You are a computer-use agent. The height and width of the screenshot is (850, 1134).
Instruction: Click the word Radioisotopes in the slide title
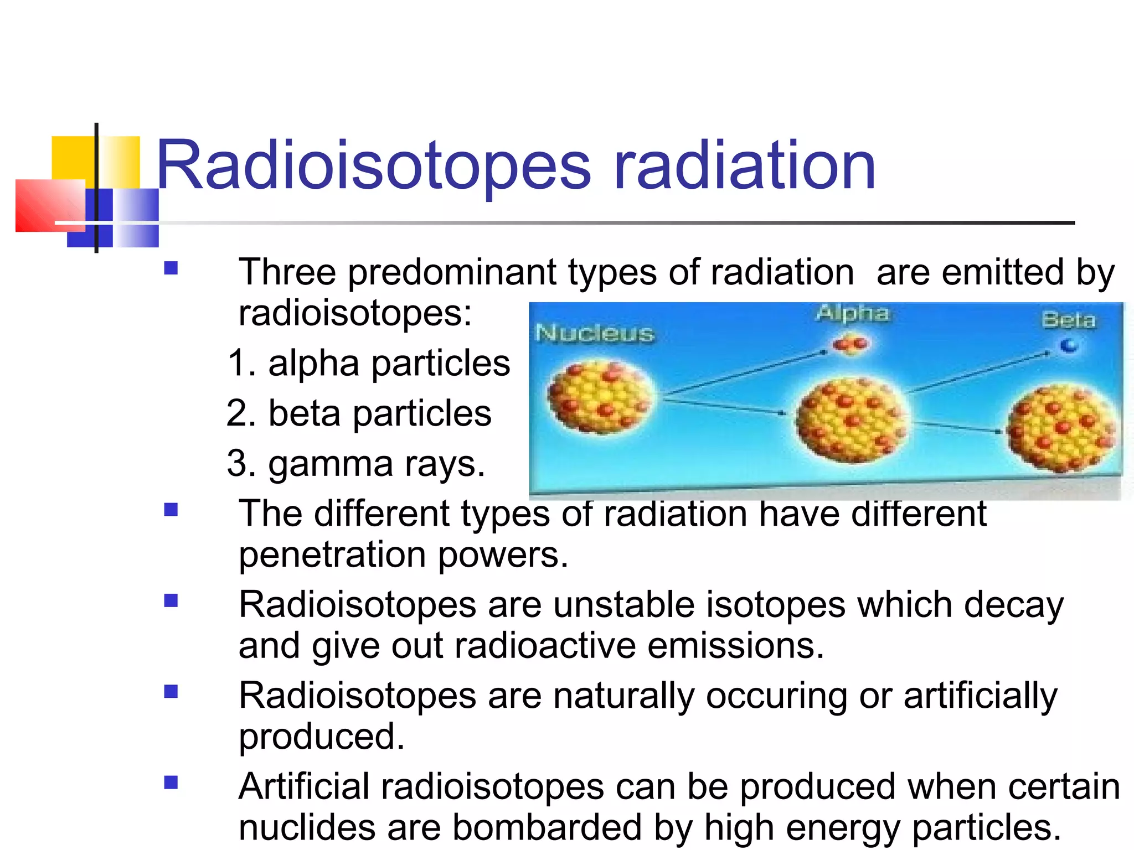(x=374, y=166)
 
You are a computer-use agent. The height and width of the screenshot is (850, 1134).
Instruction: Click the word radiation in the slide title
(x=744, y=166)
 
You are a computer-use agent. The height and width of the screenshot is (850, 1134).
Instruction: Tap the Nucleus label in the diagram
(x=595, y=334)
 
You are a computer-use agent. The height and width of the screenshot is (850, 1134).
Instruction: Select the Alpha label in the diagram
(x=853, y=313)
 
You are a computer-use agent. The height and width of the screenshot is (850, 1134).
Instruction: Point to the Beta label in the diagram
(x=1068, y=320)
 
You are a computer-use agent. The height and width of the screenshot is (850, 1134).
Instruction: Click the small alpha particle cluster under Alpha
(x=852, y=345)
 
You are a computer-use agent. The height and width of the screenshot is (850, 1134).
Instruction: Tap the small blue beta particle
(x=1068, y=346)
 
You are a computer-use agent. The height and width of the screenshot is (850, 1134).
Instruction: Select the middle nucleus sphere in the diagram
(x=850, y=419)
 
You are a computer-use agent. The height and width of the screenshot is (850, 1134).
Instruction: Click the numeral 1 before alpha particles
(x=238, y=364)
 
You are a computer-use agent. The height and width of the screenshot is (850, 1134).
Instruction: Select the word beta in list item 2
(x=304, y=413)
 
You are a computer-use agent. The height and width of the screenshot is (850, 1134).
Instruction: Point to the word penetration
(x=332, y=555)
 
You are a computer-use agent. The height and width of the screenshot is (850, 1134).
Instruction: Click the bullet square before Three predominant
(x=171, y=268)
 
